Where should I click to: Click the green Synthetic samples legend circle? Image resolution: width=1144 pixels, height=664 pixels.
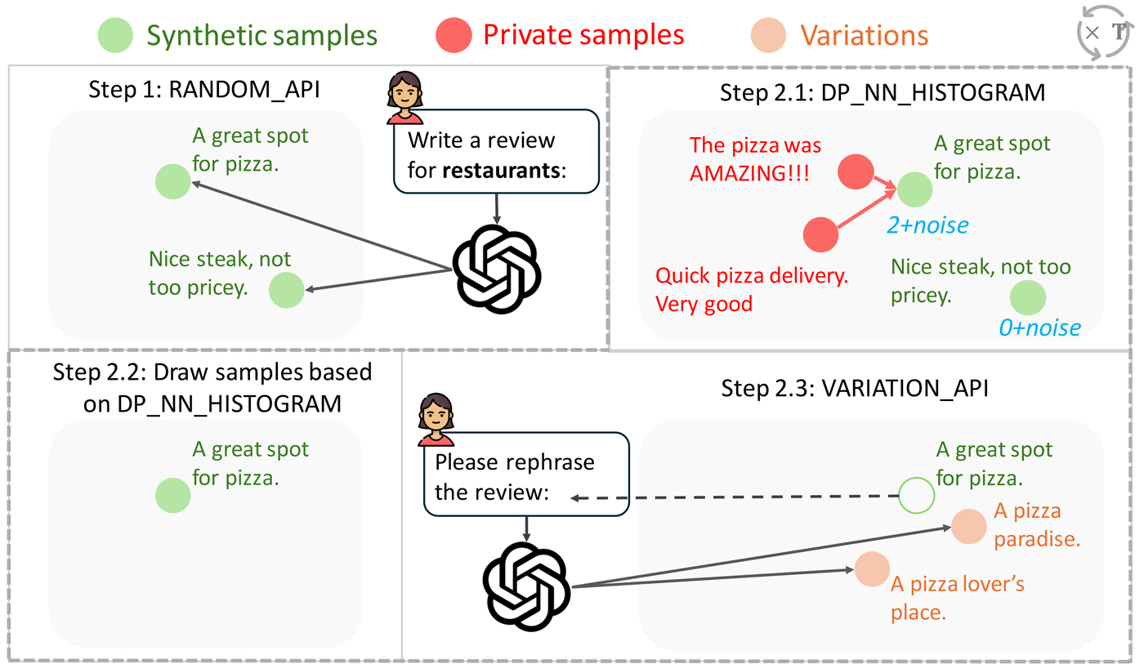[x=114, y=35]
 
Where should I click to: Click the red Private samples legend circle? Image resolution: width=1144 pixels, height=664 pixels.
[x=453, y=35]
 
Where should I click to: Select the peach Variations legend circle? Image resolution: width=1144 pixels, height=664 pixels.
[x=767, y=35]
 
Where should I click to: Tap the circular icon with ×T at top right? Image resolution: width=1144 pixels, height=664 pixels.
[x=1104, y=33]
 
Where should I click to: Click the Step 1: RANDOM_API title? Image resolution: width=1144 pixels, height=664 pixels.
[x=203, y=91]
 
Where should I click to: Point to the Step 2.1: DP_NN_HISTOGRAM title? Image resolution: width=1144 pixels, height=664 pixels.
[x=883, y=91]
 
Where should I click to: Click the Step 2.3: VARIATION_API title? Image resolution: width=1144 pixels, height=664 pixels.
[x=855, y=388]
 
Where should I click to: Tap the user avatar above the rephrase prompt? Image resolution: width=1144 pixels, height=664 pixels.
[x=436, y=418]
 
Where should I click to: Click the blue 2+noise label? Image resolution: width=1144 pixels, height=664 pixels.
[x=928, y=224]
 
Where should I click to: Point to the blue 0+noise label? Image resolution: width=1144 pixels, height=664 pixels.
[x=1039, y=328]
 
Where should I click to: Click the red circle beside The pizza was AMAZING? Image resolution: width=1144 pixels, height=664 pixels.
[x=856, y=171]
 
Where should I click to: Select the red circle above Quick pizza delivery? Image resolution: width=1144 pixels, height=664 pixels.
[x=821, y=235]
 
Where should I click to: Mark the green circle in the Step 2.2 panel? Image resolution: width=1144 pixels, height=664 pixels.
[x=173, y=495]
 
